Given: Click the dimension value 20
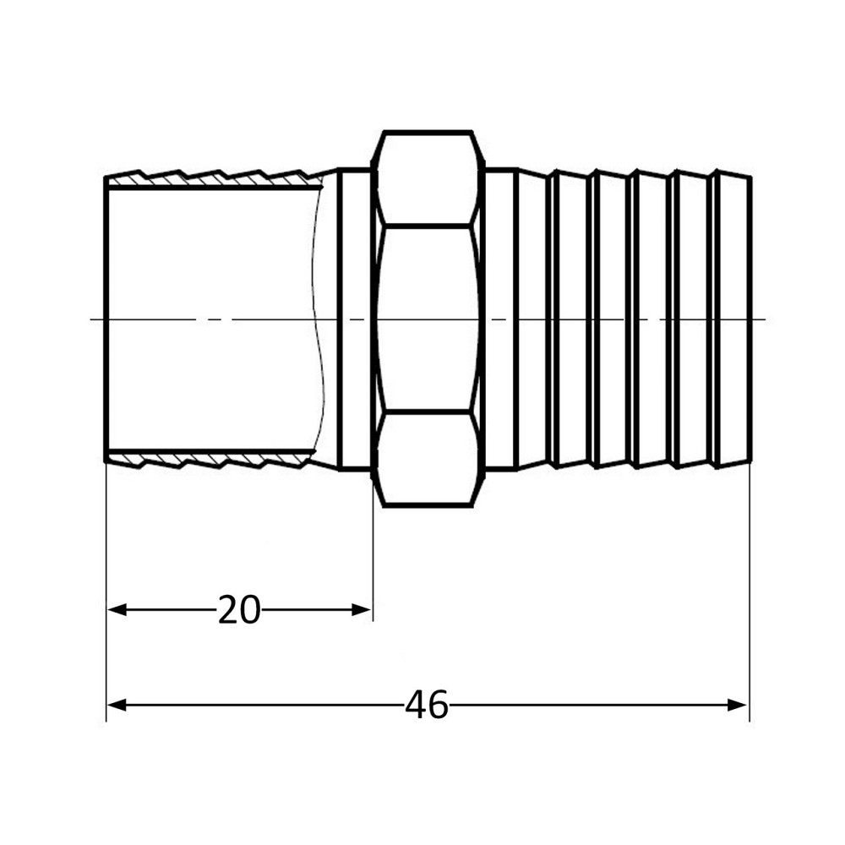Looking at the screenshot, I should click(x=239, y=609).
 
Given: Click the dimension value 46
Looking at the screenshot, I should click(x=427, y=705).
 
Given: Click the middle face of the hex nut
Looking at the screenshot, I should click(x=429, y=319).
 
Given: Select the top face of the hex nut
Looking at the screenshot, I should click(x=429, y=179).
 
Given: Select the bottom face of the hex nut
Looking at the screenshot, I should click(x=429, y=459).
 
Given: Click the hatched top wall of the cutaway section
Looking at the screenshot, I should click(x=211, y=179).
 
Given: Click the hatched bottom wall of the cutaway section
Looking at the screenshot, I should click(x=211, y=459).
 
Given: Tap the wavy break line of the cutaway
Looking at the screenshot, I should click(x=318, y=319).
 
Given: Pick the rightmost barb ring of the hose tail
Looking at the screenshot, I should click(x=733, y=319).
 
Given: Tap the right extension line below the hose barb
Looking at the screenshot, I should click(x=750, y=591).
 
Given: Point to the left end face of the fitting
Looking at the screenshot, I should click(x=106, y=319).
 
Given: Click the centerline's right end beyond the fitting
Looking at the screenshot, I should click(x=760, y=319).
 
